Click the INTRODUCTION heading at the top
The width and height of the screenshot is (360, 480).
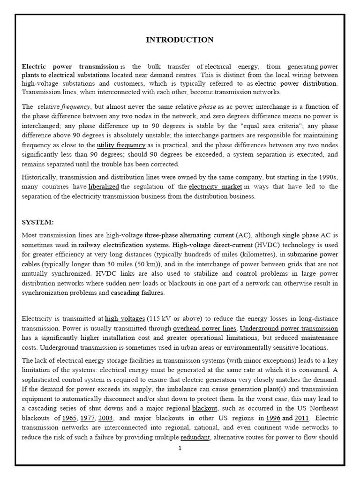(180, 40)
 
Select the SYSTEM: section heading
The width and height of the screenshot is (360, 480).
(37, 222)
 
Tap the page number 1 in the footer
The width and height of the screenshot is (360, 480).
(180, 448)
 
